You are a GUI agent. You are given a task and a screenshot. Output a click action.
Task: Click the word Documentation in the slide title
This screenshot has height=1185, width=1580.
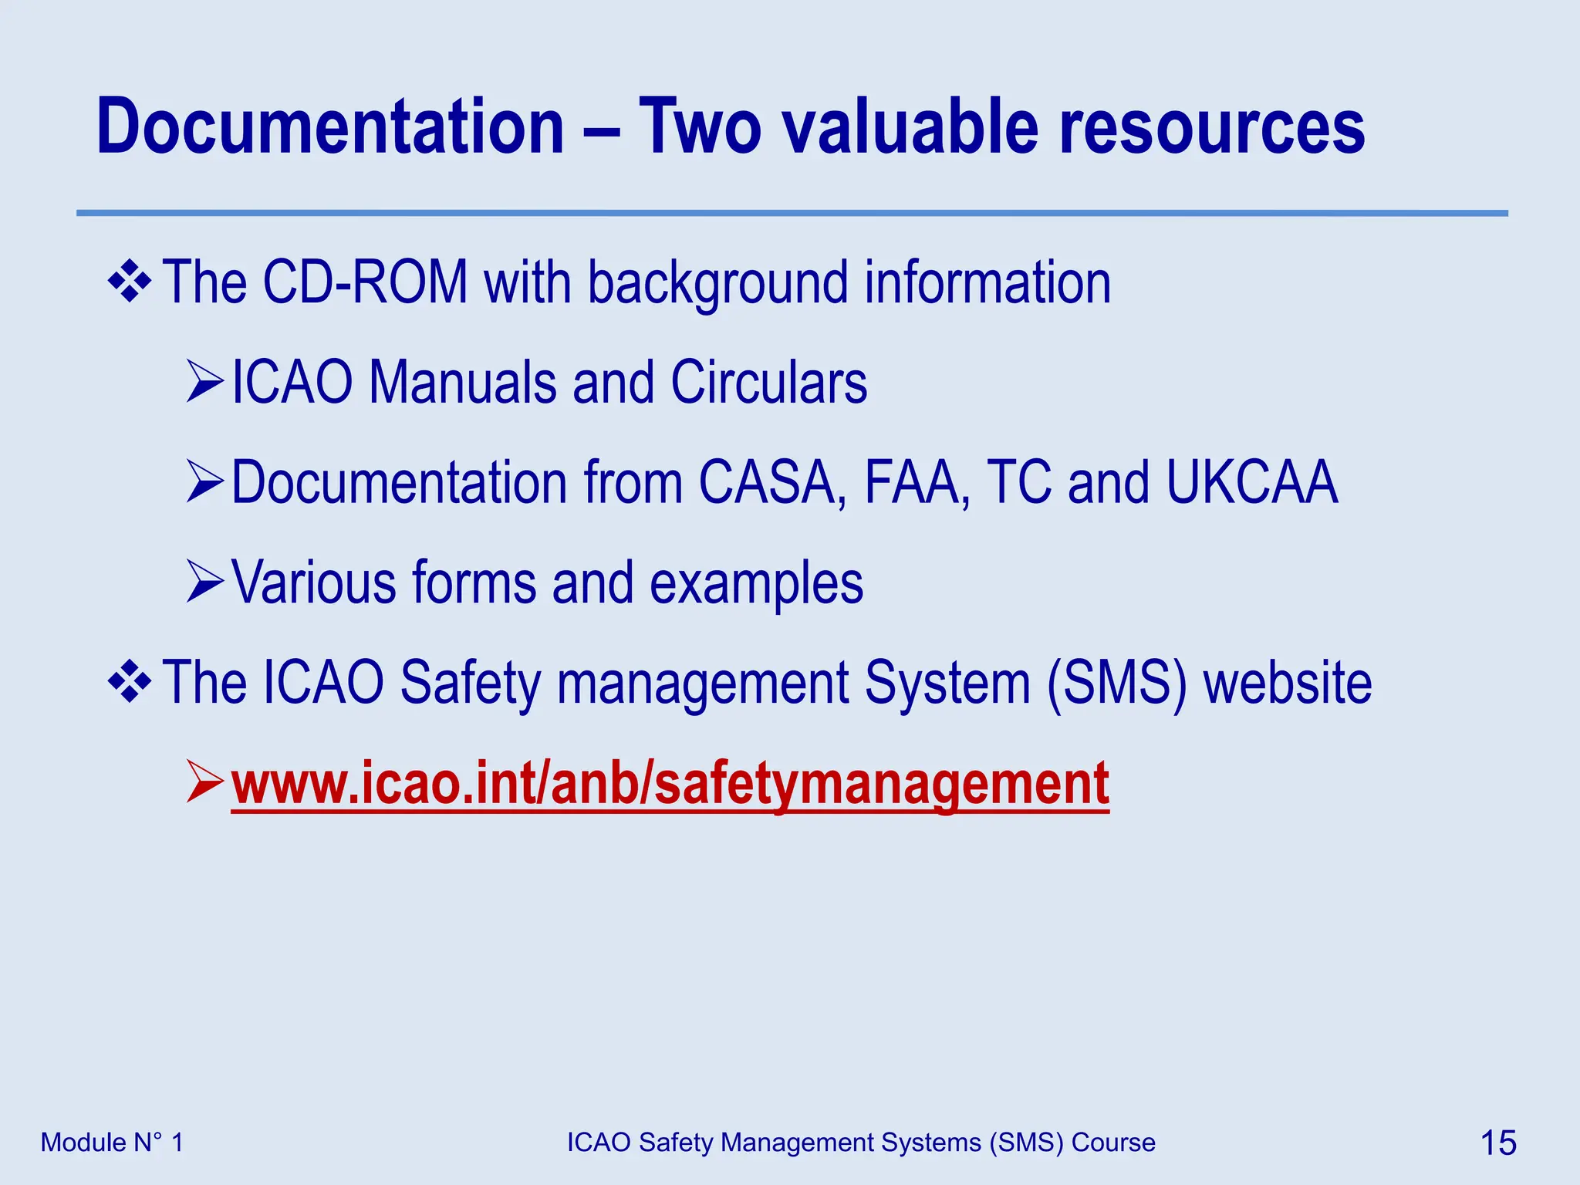330,127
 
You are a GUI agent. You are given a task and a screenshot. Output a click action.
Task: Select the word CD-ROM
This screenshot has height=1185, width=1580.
365,282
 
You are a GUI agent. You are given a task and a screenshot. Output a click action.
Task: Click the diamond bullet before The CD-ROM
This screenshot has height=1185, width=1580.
129,282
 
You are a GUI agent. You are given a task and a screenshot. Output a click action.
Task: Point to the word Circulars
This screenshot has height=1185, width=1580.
768,383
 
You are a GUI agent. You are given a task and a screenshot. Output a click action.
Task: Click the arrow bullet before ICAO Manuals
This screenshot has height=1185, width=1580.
204,383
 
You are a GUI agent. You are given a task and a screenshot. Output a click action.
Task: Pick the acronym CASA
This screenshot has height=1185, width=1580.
767,483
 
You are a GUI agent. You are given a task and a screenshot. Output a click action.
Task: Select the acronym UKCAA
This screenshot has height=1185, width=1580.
1251,483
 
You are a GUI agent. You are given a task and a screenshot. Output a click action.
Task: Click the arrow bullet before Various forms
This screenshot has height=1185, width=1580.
204,582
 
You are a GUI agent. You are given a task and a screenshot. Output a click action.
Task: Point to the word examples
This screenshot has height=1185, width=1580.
756,584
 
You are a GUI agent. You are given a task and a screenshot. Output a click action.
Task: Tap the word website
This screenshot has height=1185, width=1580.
1288,684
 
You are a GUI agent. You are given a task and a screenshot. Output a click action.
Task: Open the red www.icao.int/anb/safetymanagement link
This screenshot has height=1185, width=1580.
670,784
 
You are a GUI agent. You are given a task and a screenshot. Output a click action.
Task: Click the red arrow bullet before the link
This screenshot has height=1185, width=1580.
204,782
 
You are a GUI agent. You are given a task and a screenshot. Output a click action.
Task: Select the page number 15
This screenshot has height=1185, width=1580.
1497,1143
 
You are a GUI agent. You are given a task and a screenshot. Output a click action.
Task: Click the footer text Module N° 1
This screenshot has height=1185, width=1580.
112,1143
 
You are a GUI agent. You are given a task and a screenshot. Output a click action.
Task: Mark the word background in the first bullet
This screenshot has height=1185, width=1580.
717,284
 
